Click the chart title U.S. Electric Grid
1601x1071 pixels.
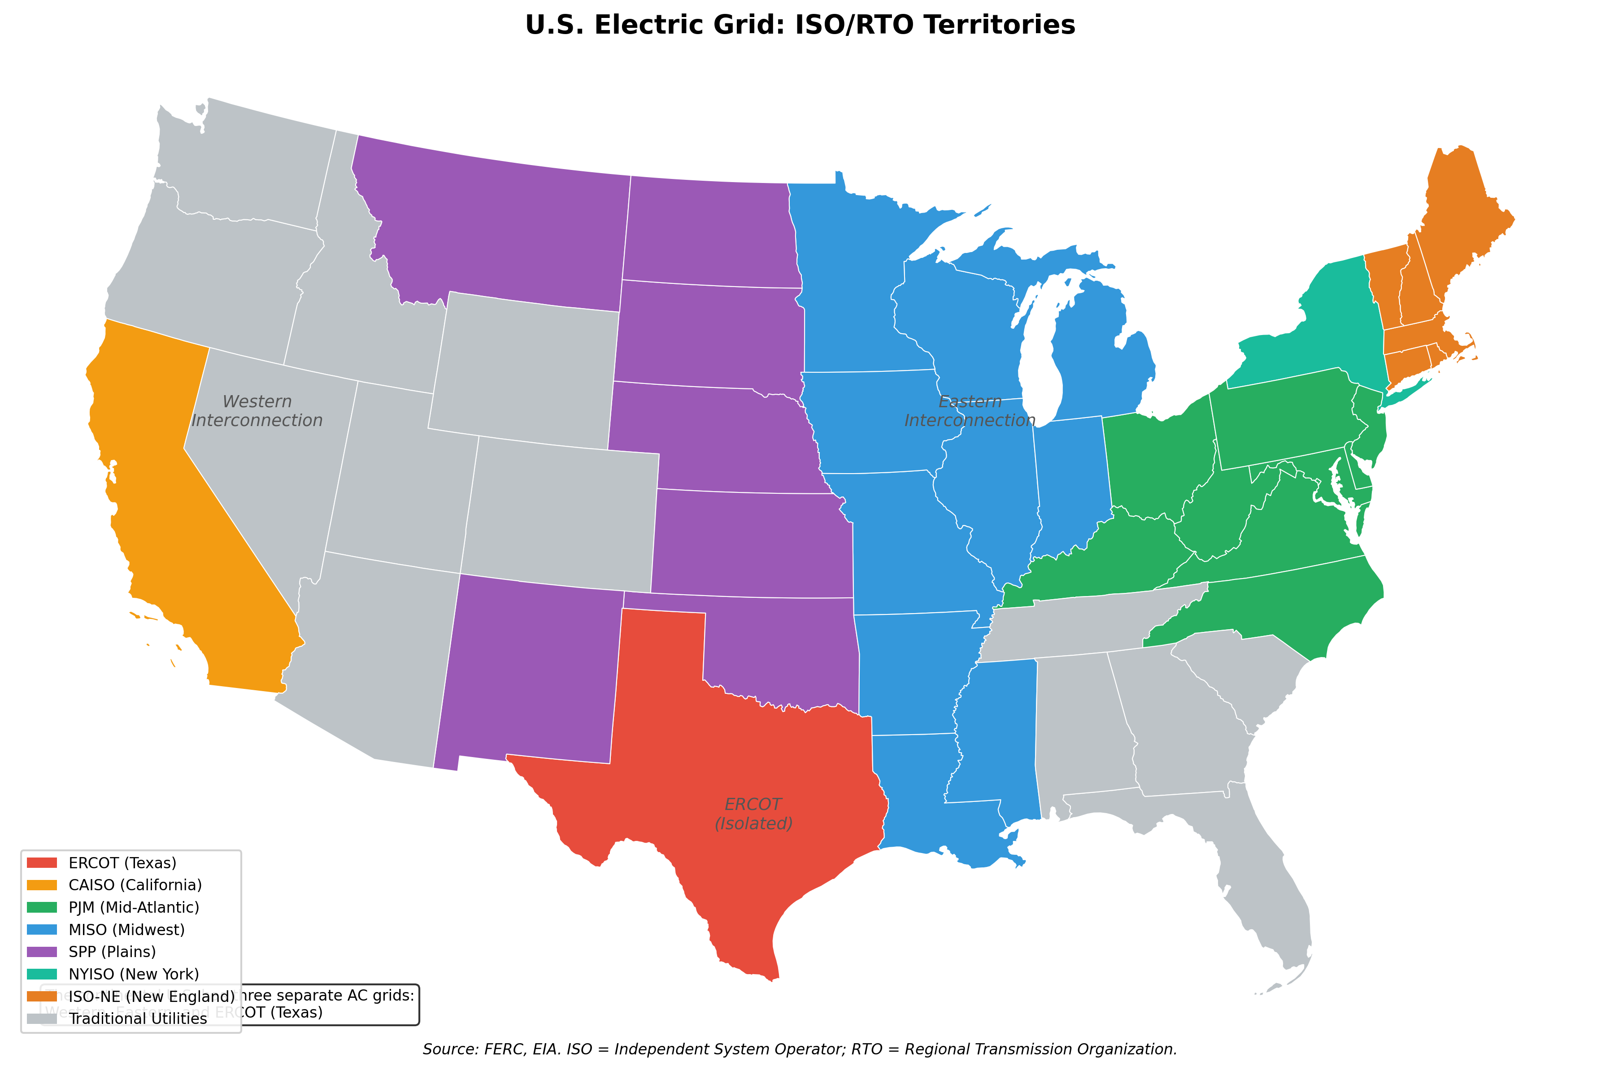(x=800, y=25)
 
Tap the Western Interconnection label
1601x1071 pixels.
(x=257, y=410)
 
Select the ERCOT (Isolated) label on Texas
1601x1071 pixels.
(x=753, y=814)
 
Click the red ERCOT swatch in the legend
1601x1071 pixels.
(x=42, y=862)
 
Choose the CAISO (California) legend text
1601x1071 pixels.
(x=135, y=885)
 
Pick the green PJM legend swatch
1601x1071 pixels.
(x=42, y=907)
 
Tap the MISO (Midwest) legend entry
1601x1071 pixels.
(x=126, y=930)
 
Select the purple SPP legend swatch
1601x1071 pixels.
(x=42, y=951)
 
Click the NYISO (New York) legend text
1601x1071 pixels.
(x=134, y=974)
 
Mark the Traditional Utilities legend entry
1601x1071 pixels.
(x=137, y=1019)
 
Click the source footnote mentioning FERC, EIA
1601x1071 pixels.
(x=800, y=1049)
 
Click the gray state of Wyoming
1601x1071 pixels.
(x=526, y=369)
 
